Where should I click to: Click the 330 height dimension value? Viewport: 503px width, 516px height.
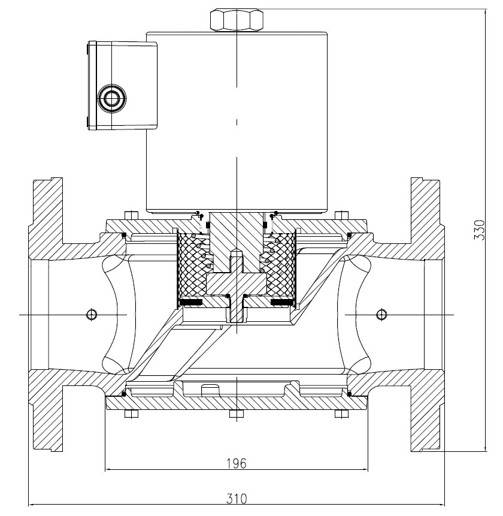pyautogui.click(x=479, y=230)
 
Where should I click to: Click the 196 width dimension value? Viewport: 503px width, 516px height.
pyautogui.click(x=237, y=463)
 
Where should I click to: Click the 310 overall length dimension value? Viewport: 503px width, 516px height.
pyautogui.click(x=237, y=499)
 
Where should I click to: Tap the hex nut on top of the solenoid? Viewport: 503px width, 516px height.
pyautogui.click(x=237, y=20)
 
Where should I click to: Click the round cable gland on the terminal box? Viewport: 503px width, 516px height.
pyautogui.click(x=112, y=98)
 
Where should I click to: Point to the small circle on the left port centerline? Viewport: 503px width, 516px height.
pyautogui.click(x=92, y=314)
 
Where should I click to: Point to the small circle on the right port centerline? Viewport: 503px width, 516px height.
pyautogui.click(x=381, y=314)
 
